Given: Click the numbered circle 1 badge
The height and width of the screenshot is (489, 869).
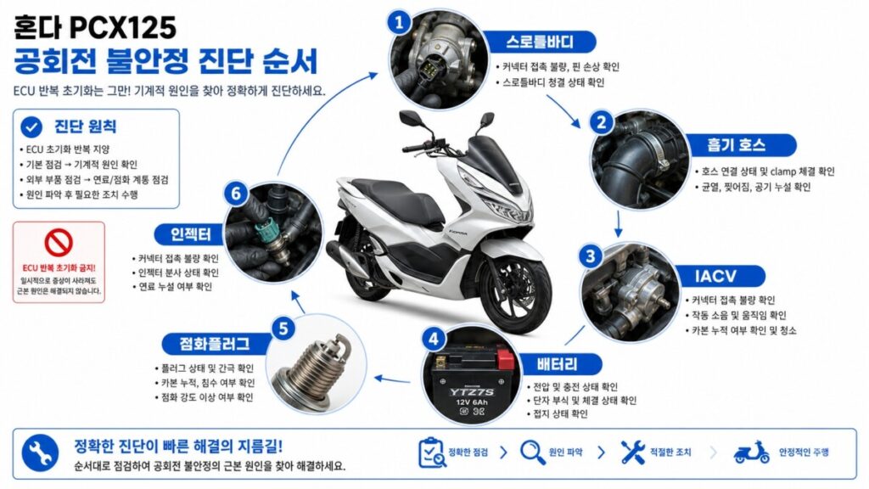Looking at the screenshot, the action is [399, 23].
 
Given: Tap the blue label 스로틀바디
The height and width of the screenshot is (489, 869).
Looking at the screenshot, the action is [540, 42].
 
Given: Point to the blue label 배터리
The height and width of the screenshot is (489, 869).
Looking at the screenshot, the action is [557, 364].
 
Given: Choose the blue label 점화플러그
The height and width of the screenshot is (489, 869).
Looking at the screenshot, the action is [214, 344].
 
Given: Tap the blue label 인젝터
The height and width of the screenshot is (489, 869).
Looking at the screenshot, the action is [191, 234].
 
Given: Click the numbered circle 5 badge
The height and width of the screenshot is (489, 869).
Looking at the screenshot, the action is [283, 329].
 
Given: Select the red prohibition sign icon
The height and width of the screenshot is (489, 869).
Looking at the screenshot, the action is [59, 242].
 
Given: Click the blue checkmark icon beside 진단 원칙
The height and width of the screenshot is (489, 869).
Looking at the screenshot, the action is [31, 127].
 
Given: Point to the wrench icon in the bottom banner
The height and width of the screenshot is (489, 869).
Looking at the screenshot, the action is [40, 453].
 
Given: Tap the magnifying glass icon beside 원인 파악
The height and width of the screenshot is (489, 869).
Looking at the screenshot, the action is [533, 452].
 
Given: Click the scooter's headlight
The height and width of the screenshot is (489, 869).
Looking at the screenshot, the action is [506, 209].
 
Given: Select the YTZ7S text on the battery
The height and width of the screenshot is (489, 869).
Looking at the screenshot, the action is [472, 392].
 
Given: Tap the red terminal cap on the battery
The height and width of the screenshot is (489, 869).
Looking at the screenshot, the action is [506, 359].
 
